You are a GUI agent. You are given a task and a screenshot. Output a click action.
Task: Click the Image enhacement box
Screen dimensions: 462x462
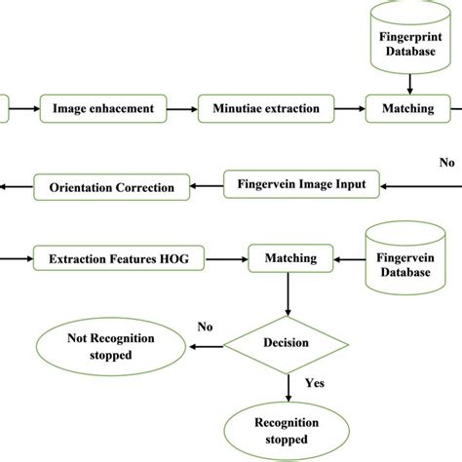[104, 108]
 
